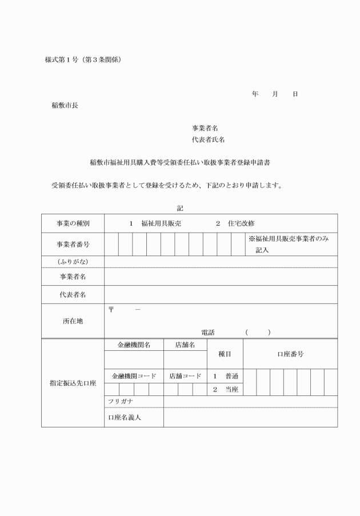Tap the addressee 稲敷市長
pyautogui.click(x=64, y=105)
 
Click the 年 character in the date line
pyautogui.click(x=255, y=94)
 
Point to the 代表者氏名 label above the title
pyautogui.click(x=208, y=140)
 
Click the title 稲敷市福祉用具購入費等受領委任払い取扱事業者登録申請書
pyautogui.click(x=180, y=162)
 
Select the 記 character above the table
pyautogui.click(x=180, y=209)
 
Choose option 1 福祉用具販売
pyautogui.click(x=155, y=223)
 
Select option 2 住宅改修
pyautogui.click(x=235, y=223)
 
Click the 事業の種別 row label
pyautogui.click(x=73, y=223)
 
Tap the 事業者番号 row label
pyautogui.click(x=73, y=244)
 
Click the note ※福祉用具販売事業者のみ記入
pyautogui.click(x=289, y=244)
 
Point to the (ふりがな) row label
pyautogui.click(x=73, y=262)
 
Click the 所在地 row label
pyautogui.click(x=73, y=321)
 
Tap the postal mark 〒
pyautogui.click(x=111, y=310)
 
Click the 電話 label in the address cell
pyautogui.click(x=207, y=333)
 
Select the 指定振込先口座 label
pyautogui.click(x=73, y=383)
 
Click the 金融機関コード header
pyautogui.click(x=134, y=377)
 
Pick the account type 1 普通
pyautogui.click(x=225, y=377)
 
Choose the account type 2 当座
pyautogui.click(x=225, y=390)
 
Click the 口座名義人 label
pyautogui.click(x=125, y=417)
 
